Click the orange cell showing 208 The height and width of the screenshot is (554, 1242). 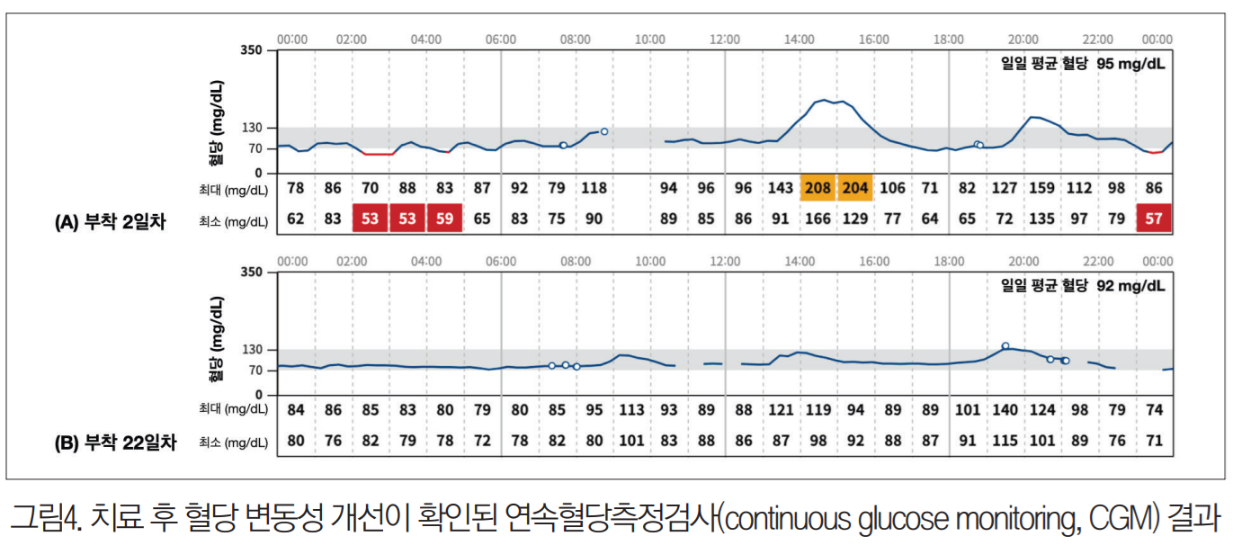[818, 188]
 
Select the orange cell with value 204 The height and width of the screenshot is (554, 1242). [855, 188]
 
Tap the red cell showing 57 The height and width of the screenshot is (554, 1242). [1155, 219]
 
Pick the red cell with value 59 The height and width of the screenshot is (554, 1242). [444, 219]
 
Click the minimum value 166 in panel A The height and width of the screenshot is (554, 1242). [818, 219]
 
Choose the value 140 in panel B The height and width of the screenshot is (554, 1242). [1005, 410]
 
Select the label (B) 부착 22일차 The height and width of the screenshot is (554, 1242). [114, 442]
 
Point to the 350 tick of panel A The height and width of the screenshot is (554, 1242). [251, 50]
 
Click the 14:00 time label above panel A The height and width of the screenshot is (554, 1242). [800, 40]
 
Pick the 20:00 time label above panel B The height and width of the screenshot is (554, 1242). [1023, 262]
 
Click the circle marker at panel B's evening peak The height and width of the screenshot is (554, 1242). [1005, 345]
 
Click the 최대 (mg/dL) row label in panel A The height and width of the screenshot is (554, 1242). [233, 189]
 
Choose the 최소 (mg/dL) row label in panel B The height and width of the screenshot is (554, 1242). [233, 442]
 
